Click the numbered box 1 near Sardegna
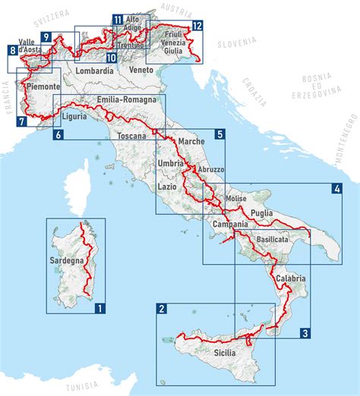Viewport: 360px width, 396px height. click(x=99, y=308)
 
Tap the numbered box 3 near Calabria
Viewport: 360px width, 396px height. click(x=305, y=332)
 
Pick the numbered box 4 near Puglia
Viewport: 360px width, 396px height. click(x=336, y=189)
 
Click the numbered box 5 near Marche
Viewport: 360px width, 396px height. click(x=219, y=134)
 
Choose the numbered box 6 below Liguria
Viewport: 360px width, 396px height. click(x=58, y=135)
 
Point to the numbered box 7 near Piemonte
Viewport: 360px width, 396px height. click(x=22, y=121)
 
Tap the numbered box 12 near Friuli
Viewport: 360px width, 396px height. click(x=197, y=26)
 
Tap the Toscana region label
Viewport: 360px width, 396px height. click(x=131, y=137)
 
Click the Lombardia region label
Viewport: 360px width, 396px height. click(x=95, y=71)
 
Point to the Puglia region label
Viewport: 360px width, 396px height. click(x=261, y=214)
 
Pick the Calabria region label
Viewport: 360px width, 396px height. click(x=290, y=278)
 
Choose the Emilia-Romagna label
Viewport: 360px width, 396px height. click(x=127, y=100)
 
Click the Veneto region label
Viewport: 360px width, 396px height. click(x=141, y=70)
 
